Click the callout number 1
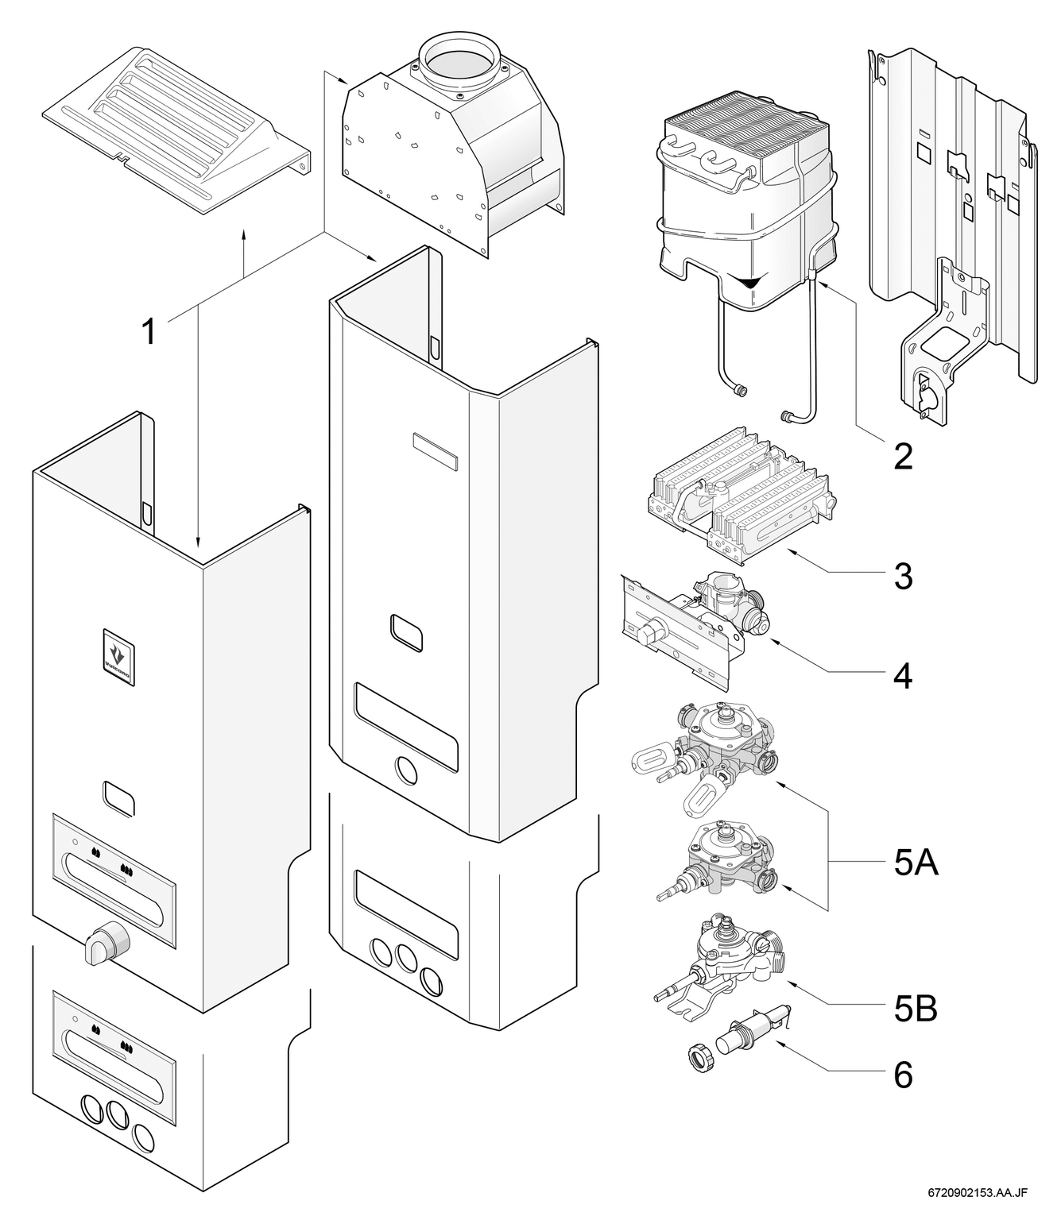pos(149,331)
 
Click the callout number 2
pos(903,457)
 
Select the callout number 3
pos(903,577)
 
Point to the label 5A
pos(914,863)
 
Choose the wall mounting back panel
pos(954,230)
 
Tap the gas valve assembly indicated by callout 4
pos(692,623)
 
